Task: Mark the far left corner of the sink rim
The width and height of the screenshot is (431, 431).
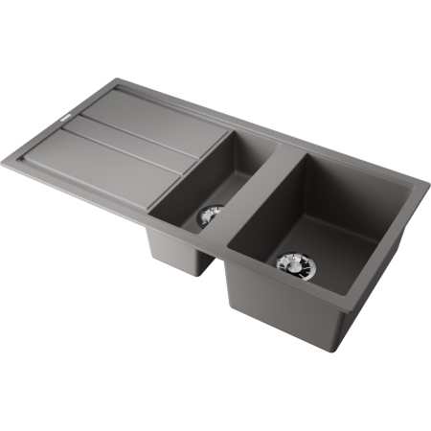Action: [11, 150]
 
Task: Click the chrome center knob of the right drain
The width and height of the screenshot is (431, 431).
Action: [289, 261]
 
